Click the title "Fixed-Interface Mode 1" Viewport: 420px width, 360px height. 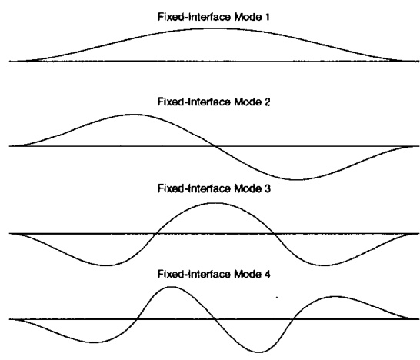click(x=214, y=17)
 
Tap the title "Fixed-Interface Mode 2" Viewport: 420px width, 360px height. click(x=214, y=102)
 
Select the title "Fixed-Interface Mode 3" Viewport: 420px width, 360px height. click(x=214, y=188)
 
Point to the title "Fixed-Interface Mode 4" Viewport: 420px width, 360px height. click(x=214, y=274)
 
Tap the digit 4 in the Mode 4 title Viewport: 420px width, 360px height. click(x=267, y=274)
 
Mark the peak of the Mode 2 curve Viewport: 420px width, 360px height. click(x=132, y=115)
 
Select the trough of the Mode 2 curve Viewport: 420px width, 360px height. click(x=295, y=179)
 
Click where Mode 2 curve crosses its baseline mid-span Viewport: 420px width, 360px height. click(x=215, y=146)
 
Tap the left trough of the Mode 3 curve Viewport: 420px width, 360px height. click(x=106, y=265)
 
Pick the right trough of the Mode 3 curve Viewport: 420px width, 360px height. click(x=323, y=265)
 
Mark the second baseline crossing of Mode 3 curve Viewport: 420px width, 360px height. click(x=275, y=234)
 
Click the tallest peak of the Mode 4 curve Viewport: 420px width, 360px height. click(x=171, y=287)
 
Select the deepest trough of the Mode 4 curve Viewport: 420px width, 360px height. click(x=258, y=352)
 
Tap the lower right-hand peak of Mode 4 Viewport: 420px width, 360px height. click(x=335, y=296)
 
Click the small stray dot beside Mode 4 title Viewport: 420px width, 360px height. click(x=277, y=298)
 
